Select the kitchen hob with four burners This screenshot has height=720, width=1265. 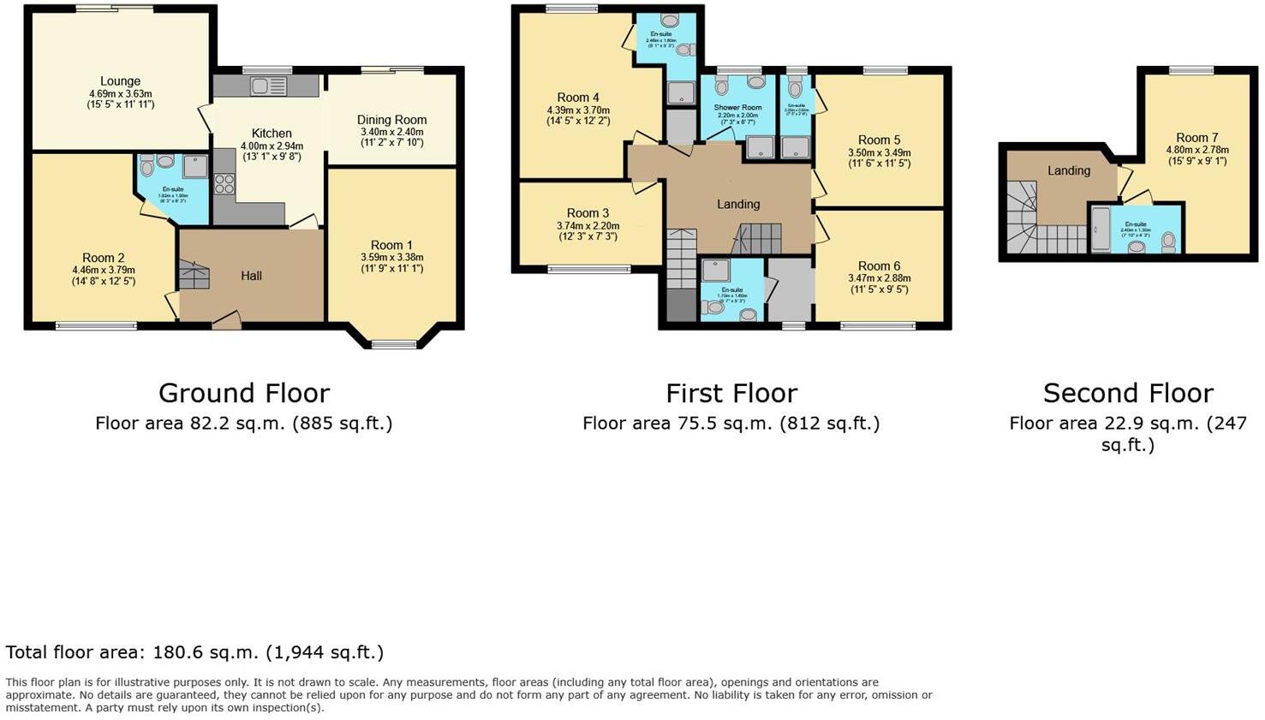coord(224,183)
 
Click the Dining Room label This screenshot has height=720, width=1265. coord(391,120)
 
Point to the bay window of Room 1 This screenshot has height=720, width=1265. coord(393,344)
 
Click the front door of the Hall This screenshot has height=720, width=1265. coord(226,322)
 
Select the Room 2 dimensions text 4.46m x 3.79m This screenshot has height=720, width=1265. coord(104,270)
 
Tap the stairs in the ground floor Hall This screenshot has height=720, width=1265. coord(194,276)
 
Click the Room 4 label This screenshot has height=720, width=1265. coord(578,98)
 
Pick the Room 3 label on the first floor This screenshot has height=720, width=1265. coord(588,213)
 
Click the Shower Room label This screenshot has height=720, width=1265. coord(737,108)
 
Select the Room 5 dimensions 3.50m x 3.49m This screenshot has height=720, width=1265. coord(879,152)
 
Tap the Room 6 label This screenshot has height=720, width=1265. coord(879,266)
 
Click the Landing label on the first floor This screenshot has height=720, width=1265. coord(737,204)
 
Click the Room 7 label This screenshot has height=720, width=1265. coord(1196,137)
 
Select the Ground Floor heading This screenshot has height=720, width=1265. coord(244,393)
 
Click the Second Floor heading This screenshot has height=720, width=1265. coord(1128,393)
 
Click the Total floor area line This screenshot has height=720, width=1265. coord(194,652)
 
